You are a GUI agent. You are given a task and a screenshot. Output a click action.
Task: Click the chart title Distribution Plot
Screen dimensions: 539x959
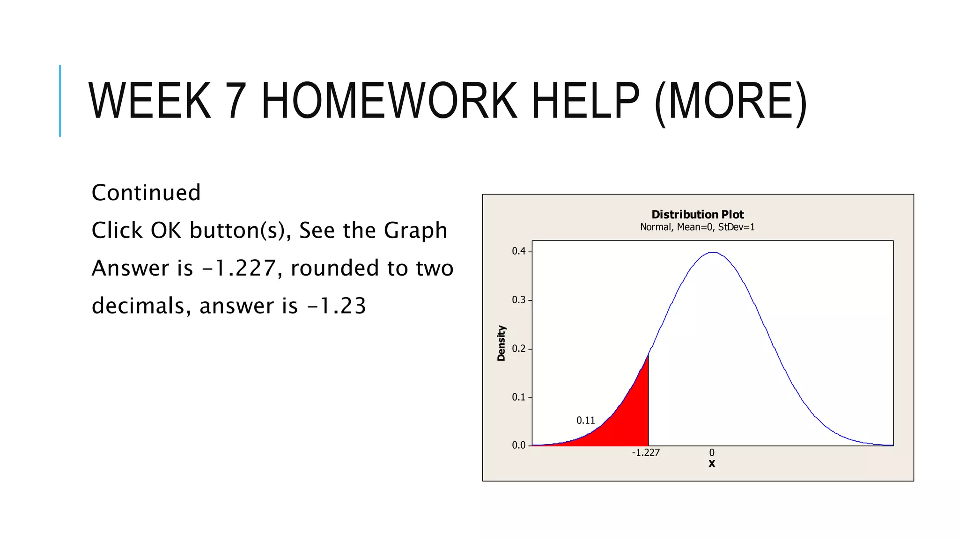click(x=697, y=214)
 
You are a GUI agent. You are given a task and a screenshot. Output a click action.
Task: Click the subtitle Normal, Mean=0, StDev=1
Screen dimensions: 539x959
click(x=697, y=227)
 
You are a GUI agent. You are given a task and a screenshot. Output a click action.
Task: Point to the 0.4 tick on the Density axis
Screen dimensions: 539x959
click(x=519, y=251)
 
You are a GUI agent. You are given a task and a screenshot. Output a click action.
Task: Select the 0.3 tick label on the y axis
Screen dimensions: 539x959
click(x=519, y=300)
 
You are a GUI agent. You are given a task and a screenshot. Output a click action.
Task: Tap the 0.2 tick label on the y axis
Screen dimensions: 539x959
click(x=519, y=349)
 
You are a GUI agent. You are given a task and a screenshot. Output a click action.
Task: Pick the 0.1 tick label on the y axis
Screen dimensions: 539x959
click(x=519, y=397)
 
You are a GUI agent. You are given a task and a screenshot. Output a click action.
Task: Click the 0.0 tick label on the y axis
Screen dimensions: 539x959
click(x=519, y=445)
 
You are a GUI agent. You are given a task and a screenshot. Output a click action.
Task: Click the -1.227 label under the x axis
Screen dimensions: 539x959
click(x=646, y=453)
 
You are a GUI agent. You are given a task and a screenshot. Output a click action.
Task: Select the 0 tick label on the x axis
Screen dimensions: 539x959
click(x=712, y=453)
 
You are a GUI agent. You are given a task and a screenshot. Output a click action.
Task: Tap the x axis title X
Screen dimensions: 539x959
click(x=712, y=464)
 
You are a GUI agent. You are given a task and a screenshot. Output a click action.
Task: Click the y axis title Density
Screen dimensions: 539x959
click(x=502, y=343)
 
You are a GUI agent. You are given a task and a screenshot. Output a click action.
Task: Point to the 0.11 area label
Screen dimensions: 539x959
click(x=585, y=421)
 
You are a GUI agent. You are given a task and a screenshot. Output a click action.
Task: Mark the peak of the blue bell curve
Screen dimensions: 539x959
click(x=712, y=253)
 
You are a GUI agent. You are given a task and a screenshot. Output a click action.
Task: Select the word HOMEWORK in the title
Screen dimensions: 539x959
click(x=389, y=101)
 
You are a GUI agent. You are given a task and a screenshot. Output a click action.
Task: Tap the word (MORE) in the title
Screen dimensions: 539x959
click(x=730, y=101)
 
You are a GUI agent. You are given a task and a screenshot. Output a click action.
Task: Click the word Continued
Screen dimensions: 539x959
click(x=146, y=193)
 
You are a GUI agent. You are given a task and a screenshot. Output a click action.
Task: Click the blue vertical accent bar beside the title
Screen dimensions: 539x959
click(x=60, y=101)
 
